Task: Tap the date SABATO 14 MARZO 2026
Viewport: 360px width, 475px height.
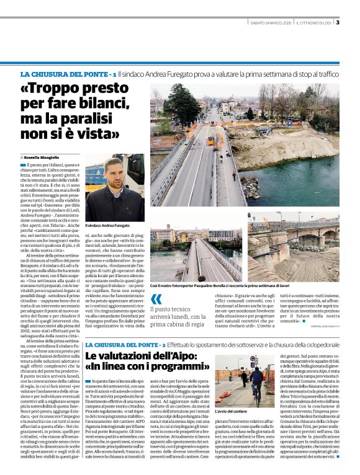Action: point(272,24)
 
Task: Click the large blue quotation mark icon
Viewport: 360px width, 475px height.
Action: point(156,300)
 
